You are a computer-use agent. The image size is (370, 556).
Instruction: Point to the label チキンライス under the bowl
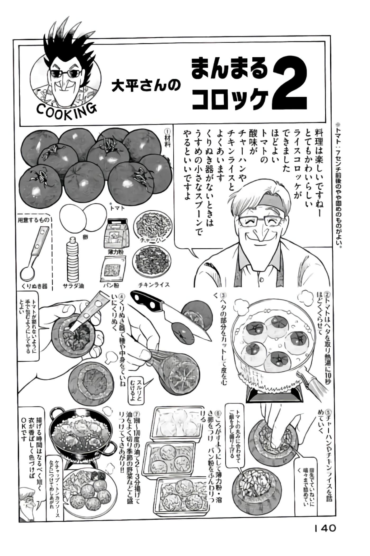pyautogui.click(x=154, y=285)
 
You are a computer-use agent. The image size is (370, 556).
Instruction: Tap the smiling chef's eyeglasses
pyautogui.click(x=260, y=221)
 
